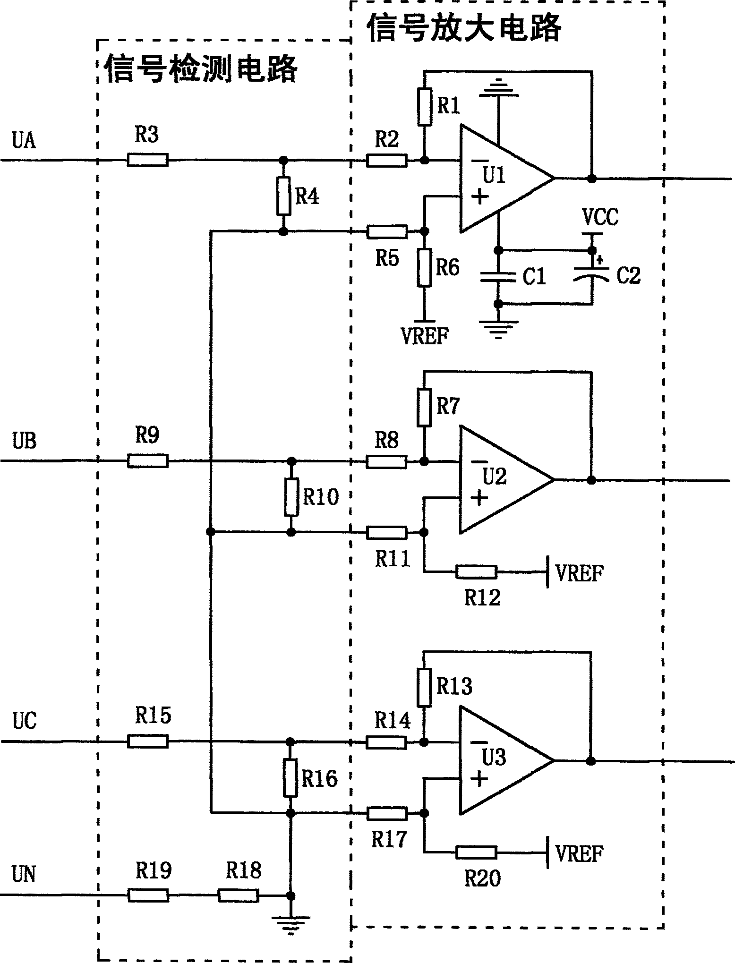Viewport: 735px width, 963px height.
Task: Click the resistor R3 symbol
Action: tap(147, 160)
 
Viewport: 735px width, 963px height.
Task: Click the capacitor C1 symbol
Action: tap(498, 277)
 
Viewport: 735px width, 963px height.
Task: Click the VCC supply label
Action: tap(600, 217)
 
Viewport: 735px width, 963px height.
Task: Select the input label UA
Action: tap(24, 141)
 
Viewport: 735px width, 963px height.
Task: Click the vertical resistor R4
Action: tap(283, 196)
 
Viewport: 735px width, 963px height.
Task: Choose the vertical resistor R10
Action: tap(291, 497)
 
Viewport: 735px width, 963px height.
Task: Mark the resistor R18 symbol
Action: tap(238, 896)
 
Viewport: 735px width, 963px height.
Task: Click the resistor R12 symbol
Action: tap(476, 572)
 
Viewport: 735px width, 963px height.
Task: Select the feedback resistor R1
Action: tap(425, 106)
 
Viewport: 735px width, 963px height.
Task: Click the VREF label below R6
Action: tap(425, 336)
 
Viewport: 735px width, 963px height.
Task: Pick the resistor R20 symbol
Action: tap(476, 852)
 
